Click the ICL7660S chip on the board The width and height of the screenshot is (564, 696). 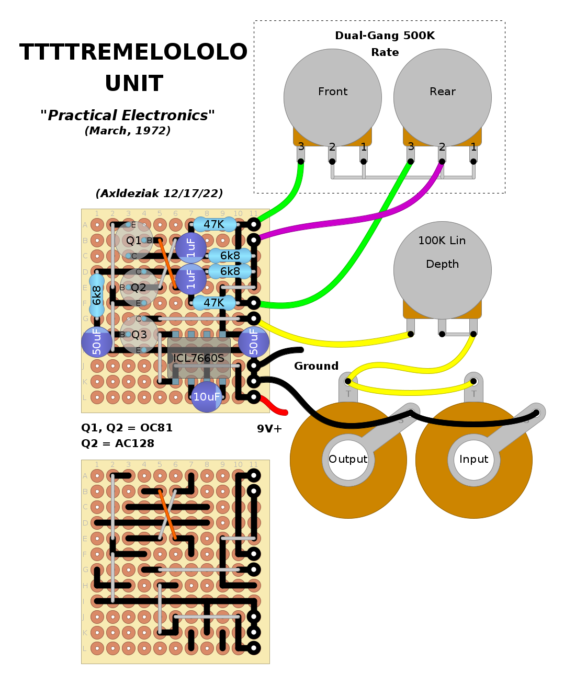[199, 358]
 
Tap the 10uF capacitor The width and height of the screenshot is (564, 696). [207, 397]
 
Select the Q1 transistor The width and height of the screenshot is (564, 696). [134, 241]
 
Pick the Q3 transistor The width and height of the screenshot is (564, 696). [139, 335]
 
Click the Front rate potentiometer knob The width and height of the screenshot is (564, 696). [333, 97]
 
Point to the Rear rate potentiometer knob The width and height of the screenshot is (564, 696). [443, 97]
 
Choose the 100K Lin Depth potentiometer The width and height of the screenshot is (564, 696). [443, 270]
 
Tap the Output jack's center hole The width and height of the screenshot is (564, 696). [348, 460]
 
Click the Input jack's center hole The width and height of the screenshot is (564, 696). [474, 460]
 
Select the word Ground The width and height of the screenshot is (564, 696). [316, 366]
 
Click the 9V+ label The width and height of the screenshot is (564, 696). [269, 429]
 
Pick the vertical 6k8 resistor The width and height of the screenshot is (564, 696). [97, 295]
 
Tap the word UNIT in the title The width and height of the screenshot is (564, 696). [134, 84]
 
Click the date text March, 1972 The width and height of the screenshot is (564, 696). [128, 131]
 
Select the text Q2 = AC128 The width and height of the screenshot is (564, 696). [118, 443]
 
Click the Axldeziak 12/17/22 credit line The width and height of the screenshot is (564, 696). [159, 193]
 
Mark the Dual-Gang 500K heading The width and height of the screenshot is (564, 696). [385, 36]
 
